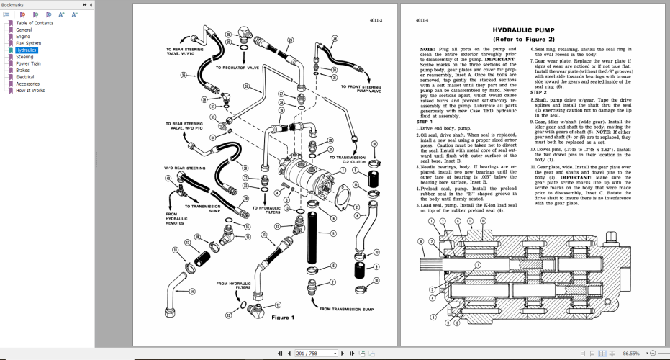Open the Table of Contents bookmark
[35, 23]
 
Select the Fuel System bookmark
[29, 43]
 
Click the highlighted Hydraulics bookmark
[27, 50]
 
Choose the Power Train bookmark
[29, 63]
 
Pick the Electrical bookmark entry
[25, 77]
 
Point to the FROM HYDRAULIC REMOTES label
[176, 218]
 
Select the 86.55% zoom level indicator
[632, 354]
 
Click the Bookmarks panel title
[12, 4]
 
